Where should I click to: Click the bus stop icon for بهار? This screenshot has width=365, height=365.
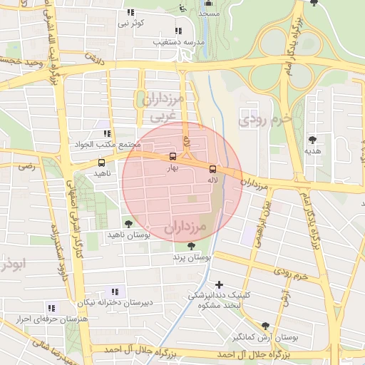173,157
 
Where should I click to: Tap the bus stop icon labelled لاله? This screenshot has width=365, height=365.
212,169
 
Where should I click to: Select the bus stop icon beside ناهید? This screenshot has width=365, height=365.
101,163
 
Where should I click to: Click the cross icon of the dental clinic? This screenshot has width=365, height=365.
219,284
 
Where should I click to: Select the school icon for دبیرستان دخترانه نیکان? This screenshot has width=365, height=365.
114,291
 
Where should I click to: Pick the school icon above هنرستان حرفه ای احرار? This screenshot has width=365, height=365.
51,307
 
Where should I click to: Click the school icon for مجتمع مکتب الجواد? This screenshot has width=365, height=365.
107,133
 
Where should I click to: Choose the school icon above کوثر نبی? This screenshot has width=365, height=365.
130,13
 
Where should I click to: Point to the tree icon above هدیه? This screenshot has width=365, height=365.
312,140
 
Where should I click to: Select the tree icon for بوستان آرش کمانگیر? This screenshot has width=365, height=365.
266,325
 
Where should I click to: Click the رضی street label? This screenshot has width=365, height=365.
27,166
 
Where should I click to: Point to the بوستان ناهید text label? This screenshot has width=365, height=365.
126,235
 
